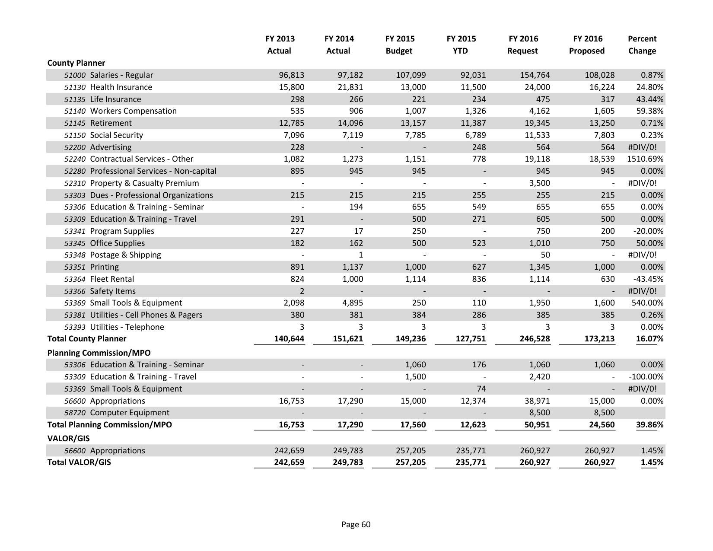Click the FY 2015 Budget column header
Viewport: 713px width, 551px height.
click(399, 45)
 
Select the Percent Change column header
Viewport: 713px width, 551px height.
click(642, 45)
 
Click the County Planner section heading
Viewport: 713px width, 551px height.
click(76, 63)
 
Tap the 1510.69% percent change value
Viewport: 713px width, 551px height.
click(645, 159)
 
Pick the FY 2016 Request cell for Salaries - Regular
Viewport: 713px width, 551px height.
click(535, 75)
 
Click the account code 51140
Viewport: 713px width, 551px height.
click(75, 111)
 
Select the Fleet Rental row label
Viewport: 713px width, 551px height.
click(112, 279)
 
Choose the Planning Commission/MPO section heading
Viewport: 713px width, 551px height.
click(99, 353)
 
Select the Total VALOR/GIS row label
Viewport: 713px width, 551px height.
click(79, 462)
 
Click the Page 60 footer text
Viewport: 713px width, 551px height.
click(356, 524)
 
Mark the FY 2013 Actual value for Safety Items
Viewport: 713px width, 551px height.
click(302, 291)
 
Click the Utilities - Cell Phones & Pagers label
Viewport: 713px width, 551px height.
click(146, 315)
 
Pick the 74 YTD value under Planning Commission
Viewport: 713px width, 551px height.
click(481, 389)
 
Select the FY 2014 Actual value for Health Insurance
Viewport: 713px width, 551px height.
click(350, 87)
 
